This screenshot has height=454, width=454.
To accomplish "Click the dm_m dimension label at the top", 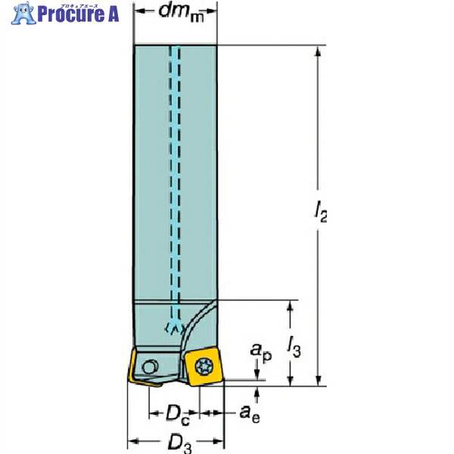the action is pyautogui.click(x=182, y=13).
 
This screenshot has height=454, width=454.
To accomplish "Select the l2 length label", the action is pyautogui.click(x=321, y=212).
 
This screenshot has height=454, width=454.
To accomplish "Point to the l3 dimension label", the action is pyautogui.click(x=294, y=347).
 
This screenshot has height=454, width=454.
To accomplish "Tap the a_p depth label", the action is pyautogui.click(x=261, y=352).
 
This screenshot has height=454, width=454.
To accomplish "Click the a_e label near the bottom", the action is pyautogui.click(x=250, y=413).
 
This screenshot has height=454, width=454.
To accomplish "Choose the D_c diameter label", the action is pyautogui.click(x=178, y=415).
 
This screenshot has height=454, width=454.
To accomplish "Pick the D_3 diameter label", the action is pyautogui.click(x=179, y=443).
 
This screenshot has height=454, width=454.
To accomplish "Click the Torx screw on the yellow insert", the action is pyautogui.click(x=204, y=367).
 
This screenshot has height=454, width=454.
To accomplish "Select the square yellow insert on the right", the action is pyautogui.click(x=204, y=366).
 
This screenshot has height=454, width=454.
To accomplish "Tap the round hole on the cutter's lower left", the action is pyautogui.click(x=150, y=367).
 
